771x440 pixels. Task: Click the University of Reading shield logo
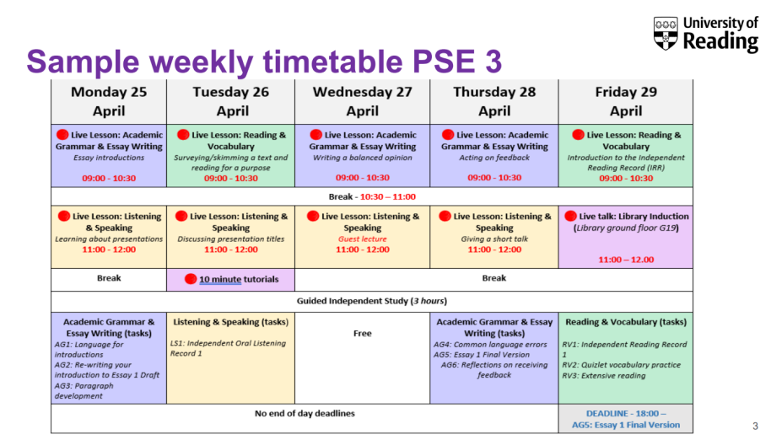point(666,33)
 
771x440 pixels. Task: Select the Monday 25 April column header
point(109,102)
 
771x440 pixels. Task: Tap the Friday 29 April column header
point(626,102)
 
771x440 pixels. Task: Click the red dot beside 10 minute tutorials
point(191,279)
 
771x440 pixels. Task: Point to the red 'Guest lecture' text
point(363,239)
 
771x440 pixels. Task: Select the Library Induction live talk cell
point(626,237)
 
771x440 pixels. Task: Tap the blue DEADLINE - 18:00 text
point(626,414)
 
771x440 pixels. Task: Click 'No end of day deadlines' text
point(305,414)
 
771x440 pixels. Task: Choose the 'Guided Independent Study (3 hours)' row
point(372,301)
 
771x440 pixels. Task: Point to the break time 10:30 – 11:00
point(388,197)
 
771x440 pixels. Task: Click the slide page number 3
point(755,426)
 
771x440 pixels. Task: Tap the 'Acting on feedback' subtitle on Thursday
point(494,158)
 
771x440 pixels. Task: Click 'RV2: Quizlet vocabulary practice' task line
point(621,365)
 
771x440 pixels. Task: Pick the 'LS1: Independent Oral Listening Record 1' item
point(228,348)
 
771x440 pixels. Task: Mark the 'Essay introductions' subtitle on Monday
point(109,158)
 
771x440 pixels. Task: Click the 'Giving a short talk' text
point(494,239)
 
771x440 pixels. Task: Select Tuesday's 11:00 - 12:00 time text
point(230,250)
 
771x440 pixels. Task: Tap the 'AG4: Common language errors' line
point(490,345)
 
